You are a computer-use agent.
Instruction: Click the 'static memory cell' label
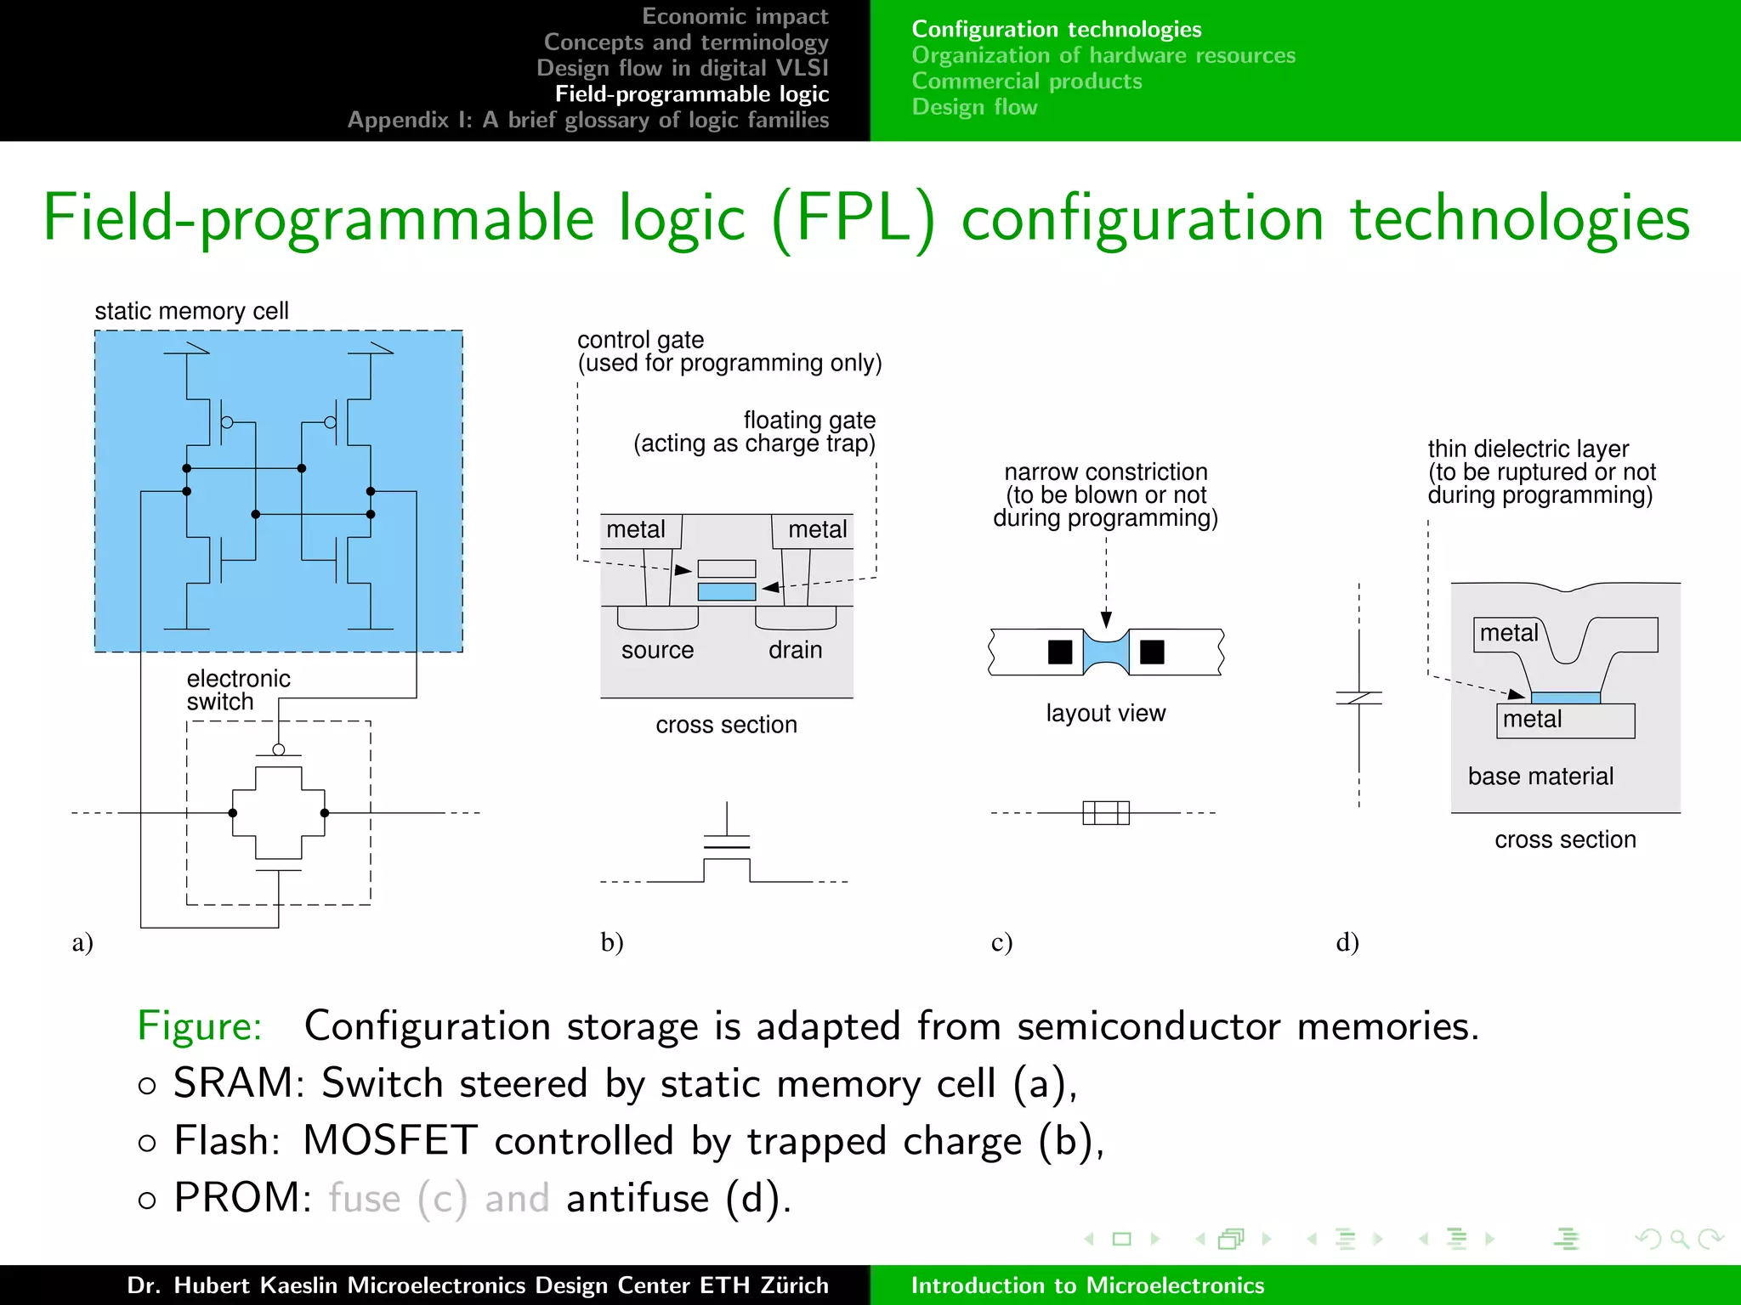point(191,311)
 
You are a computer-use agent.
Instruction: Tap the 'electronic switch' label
point(238,690)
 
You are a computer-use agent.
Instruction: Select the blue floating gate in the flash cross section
point(726,591)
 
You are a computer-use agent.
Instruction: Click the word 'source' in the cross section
point(657,650)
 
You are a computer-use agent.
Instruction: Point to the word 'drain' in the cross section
point(795,650)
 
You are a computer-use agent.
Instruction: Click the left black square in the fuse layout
point(1060,652)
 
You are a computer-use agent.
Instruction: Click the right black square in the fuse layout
point(1152,652)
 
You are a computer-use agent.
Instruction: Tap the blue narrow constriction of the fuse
point(1106,652)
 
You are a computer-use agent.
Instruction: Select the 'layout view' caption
point(1105,713)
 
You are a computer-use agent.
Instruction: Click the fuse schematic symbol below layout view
point(1106,813)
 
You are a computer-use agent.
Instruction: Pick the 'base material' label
point(1540,776)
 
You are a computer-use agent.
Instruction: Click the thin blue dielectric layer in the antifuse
point(1565,698)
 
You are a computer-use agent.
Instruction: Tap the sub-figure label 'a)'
point(82,942)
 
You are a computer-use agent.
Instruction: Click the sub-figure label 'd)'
point(1347,942)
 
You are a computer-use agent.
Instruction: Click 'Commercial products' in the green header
point(1027,81)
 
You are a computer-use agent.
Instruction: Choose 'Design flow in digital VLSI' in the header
point(682,68)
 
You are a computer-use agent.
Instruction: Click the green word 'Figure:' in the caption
point(200,1025)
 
